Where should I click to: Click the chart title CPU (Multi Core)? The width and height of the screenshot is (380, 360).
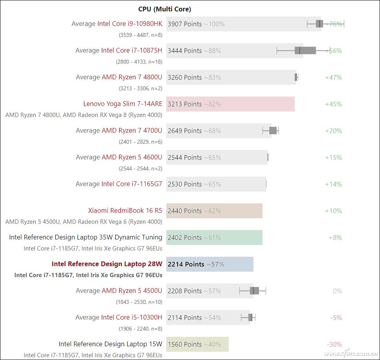tap(165, 9)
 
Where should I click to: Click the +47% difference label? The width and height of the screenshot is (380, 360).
tap(333, 77)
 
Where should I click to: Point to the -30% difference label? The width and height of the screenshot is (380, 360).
tap(334, 344)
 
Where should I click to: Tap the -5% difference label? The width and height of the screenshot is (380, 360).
tap(336, 318)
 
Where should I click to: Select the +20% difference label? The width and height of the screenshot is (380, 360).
tap(333, 131)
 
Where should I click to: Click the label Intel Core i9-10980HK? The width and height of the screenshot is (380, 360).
tap(130, 24)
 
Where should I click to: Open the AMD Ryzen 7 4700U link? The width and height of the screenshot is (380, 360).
tap(132, 131)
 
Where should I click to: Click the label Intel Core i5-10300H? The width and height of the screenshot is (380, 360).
tap(131, 318)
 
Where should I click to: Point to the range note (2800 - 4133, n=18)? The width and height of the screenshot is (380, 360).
tap(139, 62)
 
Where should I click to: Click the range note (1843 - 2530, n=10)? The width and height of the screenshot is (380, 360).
tap(139, 302)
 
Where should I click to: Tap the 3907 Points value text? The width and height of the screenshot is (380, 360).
tap(185, 24)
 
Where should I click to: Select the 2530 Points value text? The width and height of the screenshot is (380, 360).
tap(185, 184)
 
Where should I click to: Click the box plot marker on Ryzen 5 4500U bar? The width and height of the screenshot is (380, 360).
tap(254, 291)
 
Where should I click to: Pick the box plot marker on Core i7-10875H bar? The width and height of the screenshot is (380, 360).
tap(305, 50)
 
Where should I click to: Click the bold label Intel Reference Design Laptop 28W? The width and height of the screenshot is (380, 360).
tap(107, 264)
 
